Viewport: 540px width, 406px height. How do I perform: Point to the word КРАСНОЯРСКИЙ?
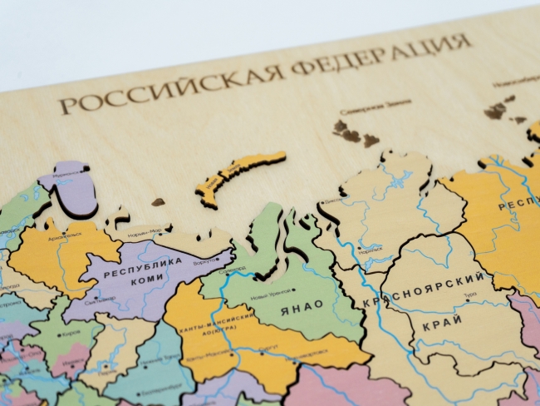pos(425,290)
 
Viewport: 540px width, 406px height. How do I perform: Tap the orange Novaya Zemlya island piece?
pos(241,176)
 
